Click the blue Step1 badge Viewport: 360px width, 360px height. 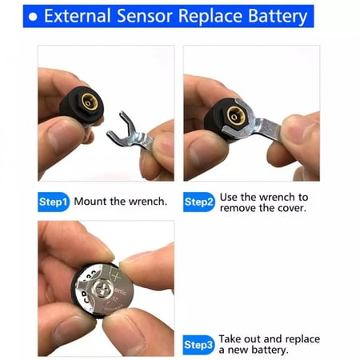tap(54, 202)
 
